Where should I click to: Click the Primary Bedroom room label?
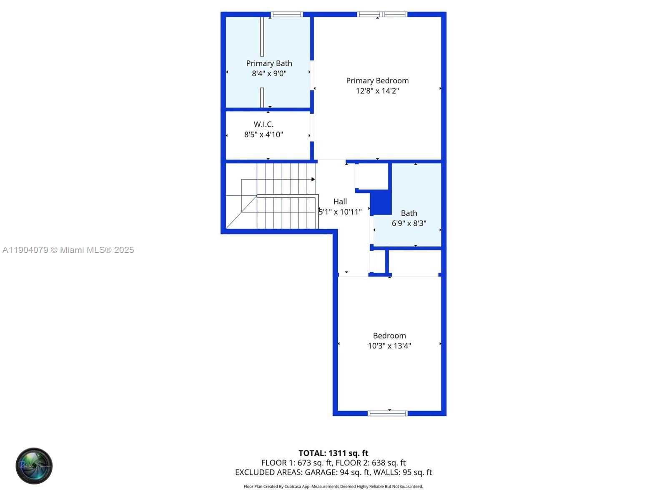point(377,81)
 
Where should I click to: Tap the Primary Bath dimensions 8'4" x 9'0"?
point(269,74)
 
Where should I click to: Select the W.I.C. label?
point(263,124)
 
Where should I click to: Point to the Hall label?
point(340,202)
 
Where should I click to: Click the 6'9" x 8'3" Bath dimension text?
point(409,223)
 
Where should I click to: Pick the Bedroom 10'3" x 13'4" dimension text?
point(389,346)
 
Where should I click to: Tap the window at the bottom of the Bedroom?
point(388,413)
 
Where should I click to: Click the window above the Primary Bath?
point(286,15)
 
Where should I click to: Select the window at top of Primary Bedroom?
point(382,15)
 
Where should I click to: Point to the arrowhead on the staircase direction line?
point(313,179)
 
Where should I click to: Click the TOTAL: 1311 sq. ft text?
point(333,453)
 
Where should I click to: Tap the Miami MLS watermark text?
point(68,250)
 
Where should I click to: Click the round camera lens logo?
point(34,466)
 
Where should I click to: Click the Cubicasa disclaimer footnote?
point(333,487)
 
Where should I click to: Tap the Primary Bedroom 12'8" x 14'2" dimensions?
point(377,91)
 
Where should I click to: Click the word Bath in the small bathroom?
point(409,213)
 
